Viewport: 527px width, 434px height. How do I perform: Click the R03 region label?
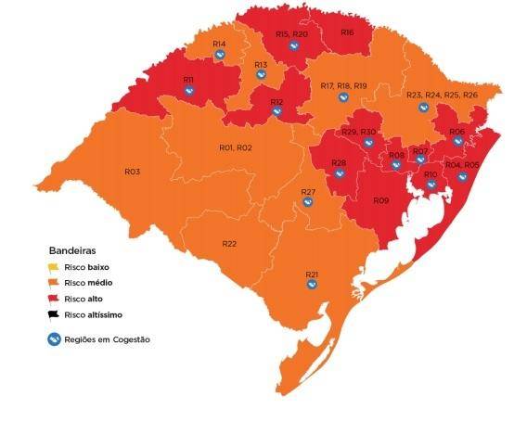coord(132,172)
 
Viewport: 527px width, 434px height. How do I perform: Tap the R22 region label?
coord(229,243)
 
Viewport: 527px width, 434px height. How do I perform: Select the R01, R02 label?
coord(236,147)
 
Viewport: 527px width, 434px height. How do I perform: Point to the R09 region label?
coord(380,200)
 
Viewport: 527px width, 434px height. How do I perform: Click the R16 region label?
coord(347,32)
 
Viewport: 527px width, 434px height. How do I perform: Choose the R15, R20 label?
coord(291,34)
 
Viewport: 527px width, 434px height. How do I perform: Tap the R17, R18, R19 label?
coord(343,86)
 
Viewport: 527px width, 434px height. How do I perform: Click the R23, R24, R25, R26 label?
coord(442,96)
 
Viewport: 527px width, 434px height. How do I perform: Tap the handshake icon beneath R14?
coord(220,55)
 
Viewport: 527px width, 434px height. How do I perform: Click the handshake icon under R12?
coord(276,112)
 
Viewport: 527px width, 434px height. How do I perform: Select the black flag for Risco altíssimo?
coord(56,315)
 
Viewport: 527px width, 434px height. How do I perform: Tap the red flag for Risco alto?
coord(56,300)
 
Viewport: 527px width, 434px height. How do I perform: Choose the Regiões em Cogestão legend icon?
coord(57,339)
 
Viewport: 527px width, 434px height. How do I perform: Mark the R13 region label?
coord(261,65)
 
